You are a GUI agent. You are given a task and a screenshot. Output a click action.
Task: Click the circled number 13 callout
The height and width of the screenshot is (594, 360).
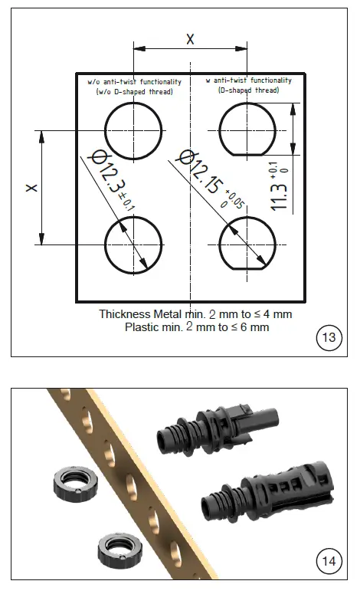(x=329, y=337)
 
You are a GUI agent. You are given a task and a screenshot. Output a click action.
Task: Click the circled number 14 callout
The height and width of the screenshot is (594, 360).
(x=329, y=561)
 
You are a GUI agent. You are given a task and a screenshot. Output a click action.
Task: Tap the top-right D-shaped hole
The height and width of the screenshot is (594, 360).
(x=247, y=130)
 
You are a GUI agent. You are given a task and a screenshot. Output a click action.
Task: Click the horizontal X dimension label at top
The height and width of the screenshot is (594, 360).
(x=190, y=38)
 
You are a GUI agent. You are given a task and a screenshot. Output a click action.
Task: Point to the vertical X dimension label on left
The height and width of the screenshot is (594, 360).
(x=31, y=188)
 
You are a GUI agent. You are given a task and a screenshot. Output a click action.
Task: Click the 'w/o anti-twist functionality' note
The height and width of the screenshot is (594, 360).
(x=134, y=81)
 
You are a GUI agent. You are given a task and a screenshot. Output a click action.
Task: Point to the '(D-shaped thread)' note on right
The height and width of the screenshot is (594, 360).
(x=249, y=90)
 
